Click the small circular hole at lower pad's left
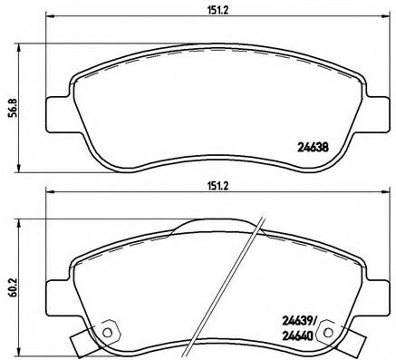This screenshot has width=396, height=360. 110,332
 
